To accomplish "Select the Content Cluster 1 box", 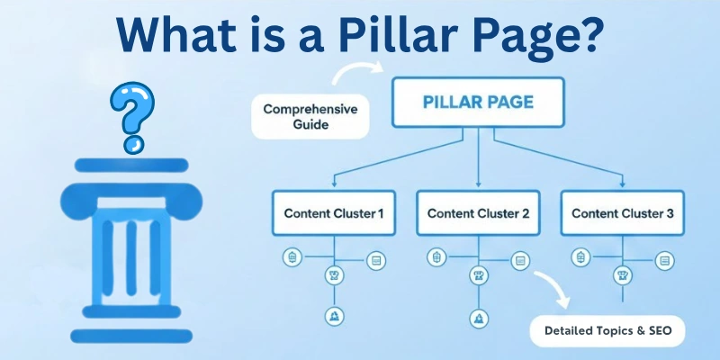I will click(334, 213).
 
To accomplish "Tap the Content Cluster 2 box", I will click(478, 213).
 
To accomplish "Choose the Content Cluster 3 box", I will click(622, 213).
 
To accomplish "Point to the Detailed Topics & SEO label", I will click(607, 330).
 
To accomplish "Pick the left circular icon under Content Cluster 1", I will click(292, 258).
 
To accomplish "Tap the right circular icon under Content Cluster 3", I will click(665, 261).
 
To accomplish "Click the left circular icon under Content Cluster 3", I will click(580, 258).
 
